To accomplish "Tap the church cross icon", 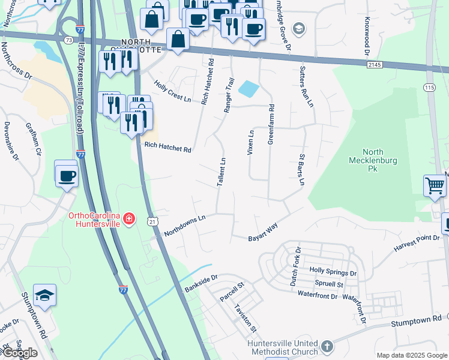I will [327, 346].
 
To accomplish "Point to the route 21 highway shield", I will [152, 222].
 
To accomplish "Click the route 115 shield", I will [429, 88].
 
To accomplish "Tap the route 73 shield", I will [70, 40].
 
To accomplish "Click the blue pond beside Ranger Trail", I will [248, 89].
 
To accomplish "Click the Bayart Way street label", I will [263, 233].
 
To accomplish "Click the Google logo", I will [19, 353].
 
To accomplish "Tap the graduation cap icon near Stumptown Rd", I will [44, 295].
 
